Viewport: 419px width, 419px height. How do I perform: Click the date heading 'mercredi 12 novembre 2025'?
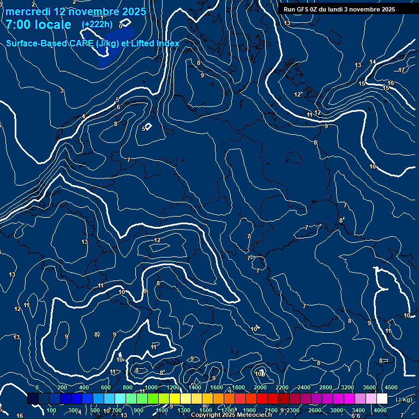coord(75,11)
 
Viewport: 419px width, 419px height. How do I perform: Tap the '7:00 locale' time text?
coord(38,25)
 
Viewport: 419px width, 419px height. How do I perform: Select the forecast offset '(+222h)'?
coord(97,25)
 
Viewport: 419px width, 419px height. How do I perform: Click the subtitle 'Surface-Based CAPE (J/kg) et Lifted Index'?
coord(93,43)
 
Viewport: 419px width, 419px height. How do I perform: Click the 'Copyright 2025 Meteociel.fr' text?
coord(231,415)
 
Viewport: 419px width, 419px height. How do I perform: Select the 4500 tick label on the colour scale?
coord(391,387)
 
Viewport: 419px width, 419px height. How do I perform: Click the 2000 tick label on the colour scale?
coord(260,387)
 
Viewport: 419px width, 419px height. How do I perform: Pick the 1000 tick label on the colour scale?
coord(151,387)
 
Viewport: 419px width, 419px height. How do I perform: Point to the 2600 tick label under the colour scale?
coord(315,410)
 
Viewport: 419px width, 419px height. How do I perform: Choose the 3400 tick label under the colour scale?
coord(358,410)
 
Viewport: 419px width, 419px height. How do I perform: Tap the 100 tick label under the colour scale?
coord(52,410)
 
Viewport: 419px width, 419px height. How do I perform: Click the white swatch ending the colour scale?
coord(382,399)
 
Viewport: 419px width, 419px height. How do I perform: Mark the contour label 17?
coord(402,70)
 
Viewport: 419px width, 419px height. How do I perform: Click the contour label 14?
coord(373,62)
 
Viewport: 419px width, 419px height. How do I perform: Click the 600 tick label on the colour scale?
coord(106,387)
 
